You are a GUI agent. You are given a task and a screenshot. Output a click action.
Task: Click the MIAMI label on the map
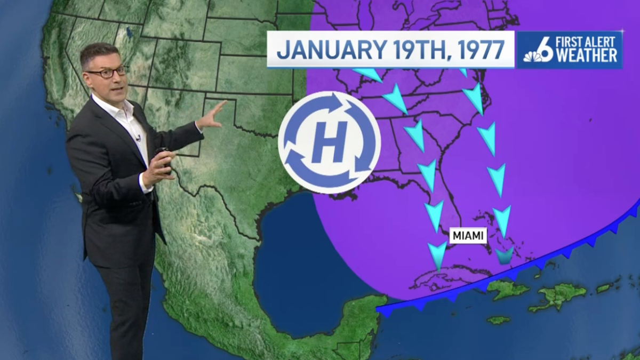(x=468, y=235)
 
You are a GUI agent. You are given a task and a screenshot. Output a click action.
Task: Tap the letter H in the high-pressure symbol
(x=329, y=142)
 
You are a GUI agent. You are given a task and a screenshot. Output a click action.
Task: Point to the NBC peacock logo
(x=531, y=55)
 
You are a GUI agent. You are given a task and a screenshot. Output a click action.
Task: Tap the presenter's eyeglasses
(x=107, y=72)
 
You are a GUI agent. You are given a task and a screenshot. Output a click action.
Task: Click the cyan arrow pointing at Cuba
(x=437, y=255)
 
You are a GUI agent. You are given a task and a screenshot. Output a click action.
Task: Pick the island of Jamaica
(x=498, y=320)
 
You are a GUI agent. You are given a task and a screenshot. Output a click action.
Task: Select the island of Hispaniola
(x=557, y=296)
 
